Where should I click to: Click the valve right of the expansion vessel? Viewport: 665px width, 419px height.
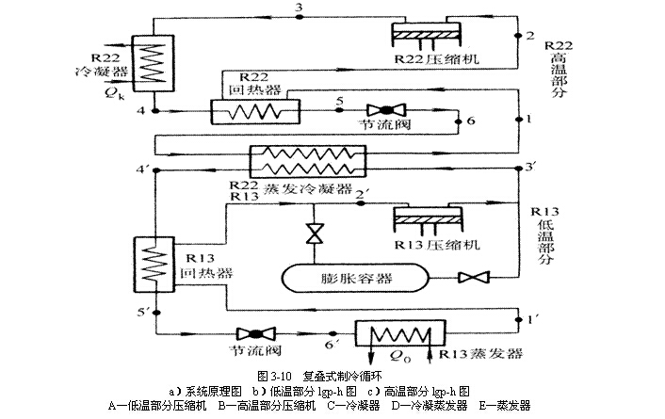(465, 278)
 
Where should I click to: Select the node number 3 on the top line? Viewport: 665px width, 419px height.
(299, 8)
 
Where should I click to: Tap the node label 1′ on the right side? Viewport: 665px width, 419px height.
(533, 319)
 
